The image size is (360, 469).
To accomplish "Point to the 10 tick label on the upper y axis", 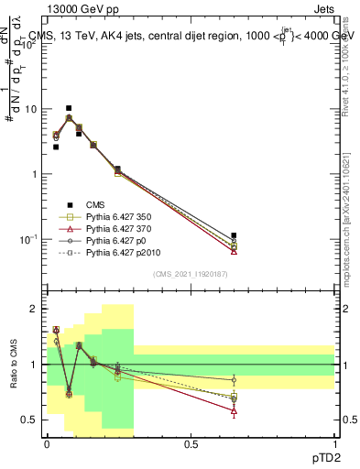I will tap(31, 109).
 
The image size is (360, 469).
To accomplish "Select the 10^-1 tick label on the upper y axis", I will tap(29, 239).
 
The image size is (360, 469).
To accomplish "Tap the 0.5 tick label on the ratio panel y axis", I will tap(30, 420).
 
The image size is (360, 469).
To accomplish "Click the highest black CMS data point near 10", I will tap(69, 108).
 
